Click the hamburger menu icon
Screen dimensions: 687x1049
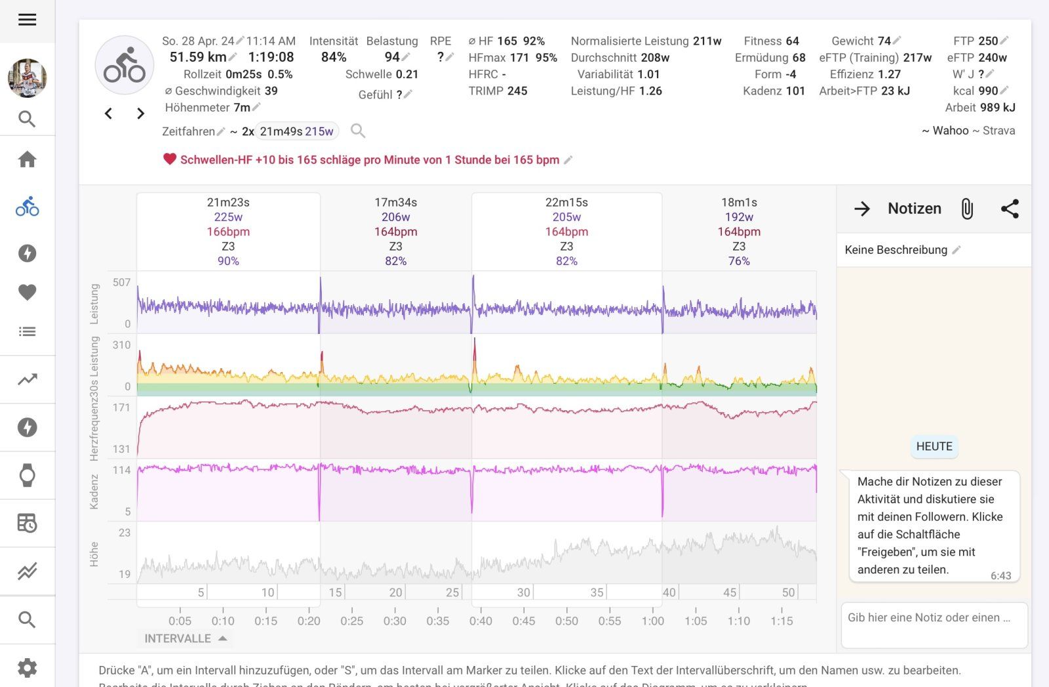(27, 20)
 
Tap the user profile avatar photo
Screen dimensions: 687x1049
(27, 78)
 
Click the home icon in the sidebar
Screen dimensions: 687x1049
(27, 159)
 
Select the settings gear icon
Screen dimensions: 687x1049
(27, 668)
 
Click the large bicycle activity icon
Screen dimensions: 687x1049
(125, 66)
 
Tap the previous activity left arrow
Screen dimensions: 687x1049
(109, 114)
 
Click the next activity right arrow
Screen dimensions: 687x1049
(140, 114)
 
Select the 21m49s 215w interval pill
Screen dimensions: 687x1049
(296, 131)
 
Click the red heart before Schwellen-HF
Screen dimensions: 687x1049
(170, 159)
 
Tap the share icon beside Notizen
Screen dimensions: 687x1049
(1010, 209)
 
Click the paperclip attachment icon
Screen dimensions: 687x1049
(967, 209)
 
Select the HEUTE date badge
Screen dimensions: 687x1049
(934, 446)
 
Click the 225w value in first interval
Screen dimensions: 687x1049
(228, 217)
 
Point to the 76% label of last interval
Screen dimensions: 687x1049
(739, 261)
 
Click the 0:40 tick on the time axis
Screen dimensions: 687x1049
(481, 621)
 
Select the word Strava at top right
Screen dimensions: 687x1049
(999, 131)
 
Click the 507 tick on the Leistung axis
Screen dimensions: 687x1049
(122, 283)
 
